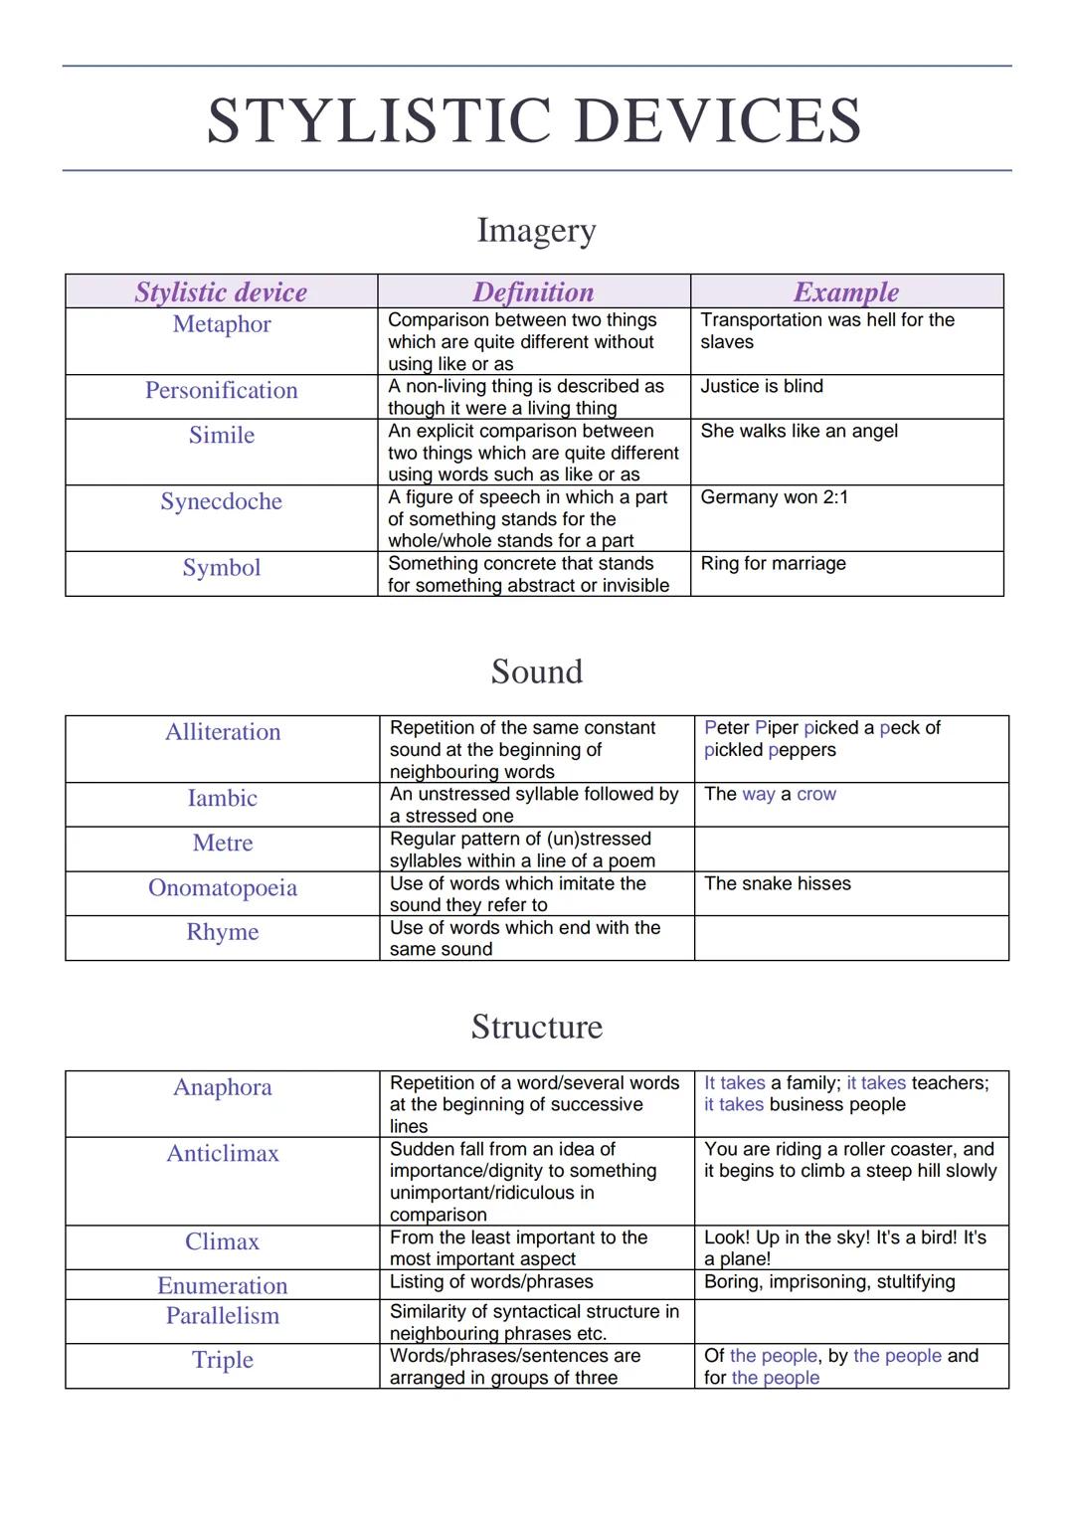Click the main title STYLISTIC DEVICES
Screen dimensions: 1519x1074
534,120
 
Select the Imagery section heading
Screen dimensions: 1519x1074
536,230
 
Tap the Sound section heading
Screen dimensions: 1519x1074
536,671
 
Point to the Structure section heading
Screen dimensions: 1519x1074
536,1027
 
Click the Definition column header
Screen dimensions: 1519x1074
533,291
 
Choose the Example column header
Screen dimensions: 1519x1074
845,291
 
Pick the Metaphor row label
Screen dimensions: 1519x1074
222,324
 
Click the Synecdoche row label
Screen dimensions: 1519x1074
222,501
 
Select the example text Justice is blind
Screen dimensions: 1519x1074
762,386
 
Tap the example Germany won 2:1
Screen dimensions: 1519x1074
774,497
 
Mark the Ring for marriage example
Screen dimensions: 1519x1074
773,563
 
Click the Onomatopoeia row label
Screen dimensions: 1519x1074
223,887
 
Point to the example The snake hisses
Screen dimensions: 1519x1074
777,883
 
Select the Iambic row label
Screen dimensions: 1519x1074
223,798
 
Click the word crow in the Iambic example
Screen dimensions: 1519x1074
815,794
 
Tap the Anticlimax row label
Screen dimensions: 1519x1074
223,1154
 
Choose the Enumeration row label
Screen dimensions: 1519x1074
223,1285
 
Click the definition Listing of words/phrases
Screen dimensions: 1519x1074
491,1282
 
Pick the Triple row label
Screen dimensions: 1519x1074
223,1360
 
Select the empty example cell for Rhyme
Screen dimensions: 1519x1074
850,938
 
